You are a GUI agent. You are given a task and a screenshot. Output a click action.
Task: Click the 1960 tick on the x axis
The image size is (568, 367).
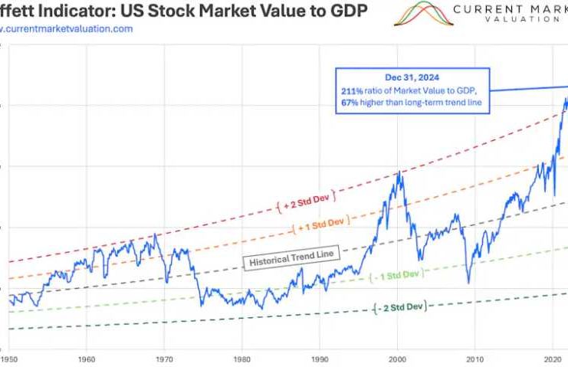[87, 358]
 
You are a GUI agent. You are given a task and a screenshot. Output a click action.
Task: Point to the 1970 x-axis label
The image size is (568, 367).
[164, 358]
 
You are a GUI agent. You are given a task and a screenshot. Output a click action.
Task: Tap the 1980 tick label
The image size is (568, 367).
[242, 358]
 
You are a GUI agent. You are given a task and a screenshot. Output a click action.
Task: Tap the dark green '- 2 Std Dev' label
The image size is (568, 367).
[399, 307]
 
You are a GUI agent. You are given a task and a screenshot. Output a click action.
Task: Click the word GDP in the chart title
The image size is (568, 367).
[349, 11]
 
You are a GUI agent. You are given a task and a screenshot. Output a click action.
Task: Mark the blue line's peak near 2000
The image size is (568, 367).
[399, 173]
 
